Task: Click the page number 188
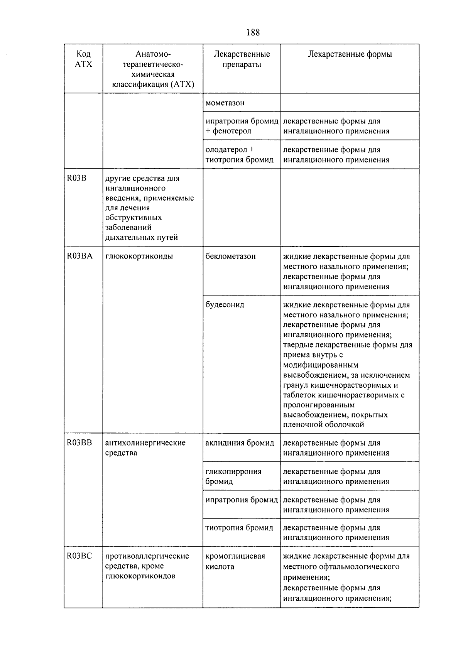point(253,32)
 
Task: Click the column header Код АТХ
point(83,59)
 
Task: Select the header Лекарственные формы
point(350,54)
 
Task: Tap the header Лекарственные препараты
point(242,59)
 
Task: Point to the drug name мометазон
point(225,103)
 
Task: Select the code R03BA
point(79,256)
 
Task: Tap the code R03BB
point(79,443)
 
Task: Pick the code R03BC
point(79,556)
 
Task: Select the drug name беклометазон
point(230,256)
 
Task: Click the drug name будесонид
point(225,305)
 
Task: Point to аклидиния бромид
point(240,443)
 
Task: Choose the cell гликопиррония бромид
point(233,476)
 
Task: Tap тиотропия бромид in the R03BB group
point(239,528)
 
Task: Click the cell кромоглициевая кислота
point(235,561)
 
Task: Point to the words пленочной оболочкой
point(323,425)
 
